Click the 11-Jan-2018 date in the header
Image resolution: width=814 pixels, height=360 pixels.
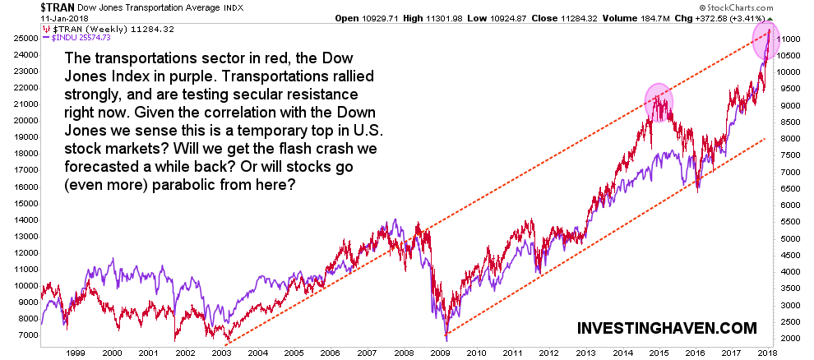point(26,18)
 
